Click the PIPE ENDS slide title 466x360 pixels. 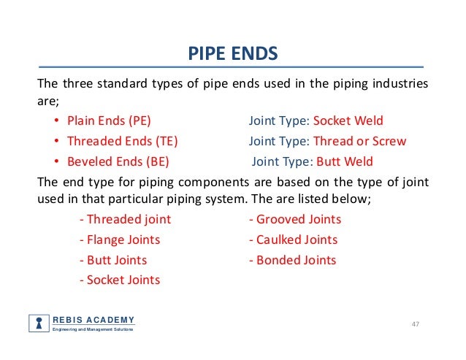click(x=233, y=54)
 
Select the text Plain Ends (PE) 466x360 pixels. click(x=109, y=120)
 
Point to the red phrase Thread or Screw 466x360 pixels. click(x=359, y=140)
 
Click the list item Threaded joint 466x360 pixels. click(x=125, y=219)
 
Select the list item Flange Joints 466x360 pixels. click(x=120, y=240)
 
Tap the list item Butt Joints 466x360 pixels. click(x=113, y=260)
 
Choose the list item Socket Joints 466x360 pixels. click(x=120, y=280)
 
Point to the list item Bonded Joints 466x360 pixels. click(x=292, y=260)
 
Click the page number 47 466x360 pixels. click(x=417, y=323)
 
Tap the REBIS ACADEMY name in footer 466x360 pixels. click(x=93, y=320)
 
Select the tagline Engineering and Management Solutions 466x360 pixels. click(x=92, y=331)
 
